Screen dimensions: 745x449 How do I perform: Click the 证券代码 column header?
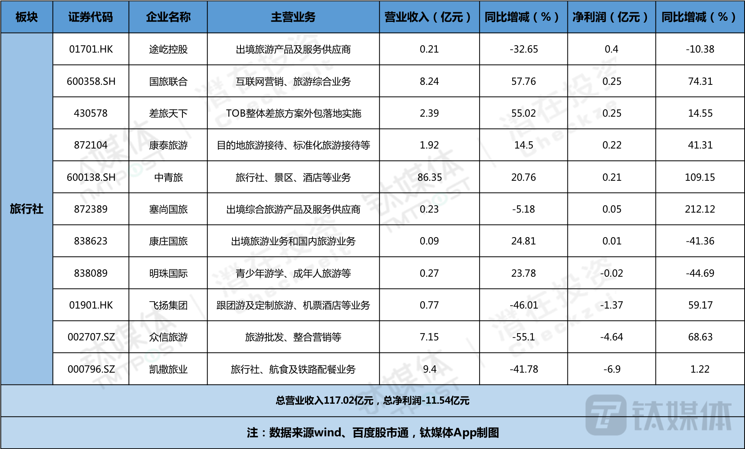pos(91,17)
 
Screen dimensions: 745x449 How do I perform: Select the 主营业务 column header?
pos(293,17)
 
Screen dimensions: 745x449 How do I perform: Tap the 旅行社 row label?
pos(27,209)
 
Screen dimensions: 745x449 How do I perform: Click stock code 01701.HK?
pos(91,49)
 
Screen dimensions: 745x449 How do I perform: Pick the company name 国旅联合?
pos(168,81)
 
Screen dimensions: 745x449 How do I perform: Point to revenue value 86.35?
pos(430,177)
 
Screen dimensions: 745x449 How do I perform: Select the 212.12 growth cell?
pos(700,209)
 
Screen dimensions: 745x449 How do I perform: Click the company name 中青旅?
pos(168,177)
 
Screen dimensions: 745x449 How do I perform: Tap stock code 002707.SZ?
pos(91,337)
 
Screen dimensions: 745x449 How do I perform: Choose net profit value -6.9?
pos(612,369)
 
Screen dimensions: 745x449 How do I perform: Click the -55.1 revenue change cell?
pos(523,337)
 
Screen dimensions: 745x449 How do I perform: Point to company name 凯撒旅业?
pos(168,369)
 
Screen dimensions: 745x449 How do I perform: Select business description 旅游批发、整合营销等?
pos(293,337)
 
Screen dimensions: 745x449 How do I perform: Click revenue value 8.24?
pos(430,81)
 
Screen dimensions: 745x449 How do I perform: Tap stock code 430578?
pos(91,113)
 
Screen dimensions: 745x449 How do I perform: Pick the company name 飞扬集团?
pos(168,305)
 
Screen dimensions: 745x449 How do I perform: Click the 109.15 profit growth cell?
pos(700,177)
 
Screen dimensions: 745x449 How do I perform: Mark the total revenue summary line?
pos(372,401)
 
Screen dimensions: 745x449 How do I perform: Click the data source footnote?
pos(373,433)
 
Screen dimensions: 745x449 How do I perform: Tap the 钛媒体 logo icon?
pos(606,415)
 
